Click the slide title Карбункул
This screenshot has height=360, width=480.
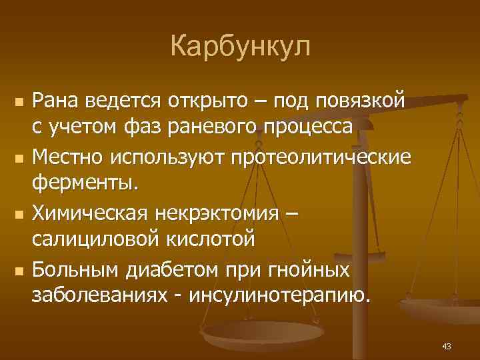click(240, 47)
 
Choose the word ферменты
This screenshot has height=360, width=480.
click(86, 182)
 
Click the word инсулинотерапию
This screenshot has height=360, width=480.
click(279, 293)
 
